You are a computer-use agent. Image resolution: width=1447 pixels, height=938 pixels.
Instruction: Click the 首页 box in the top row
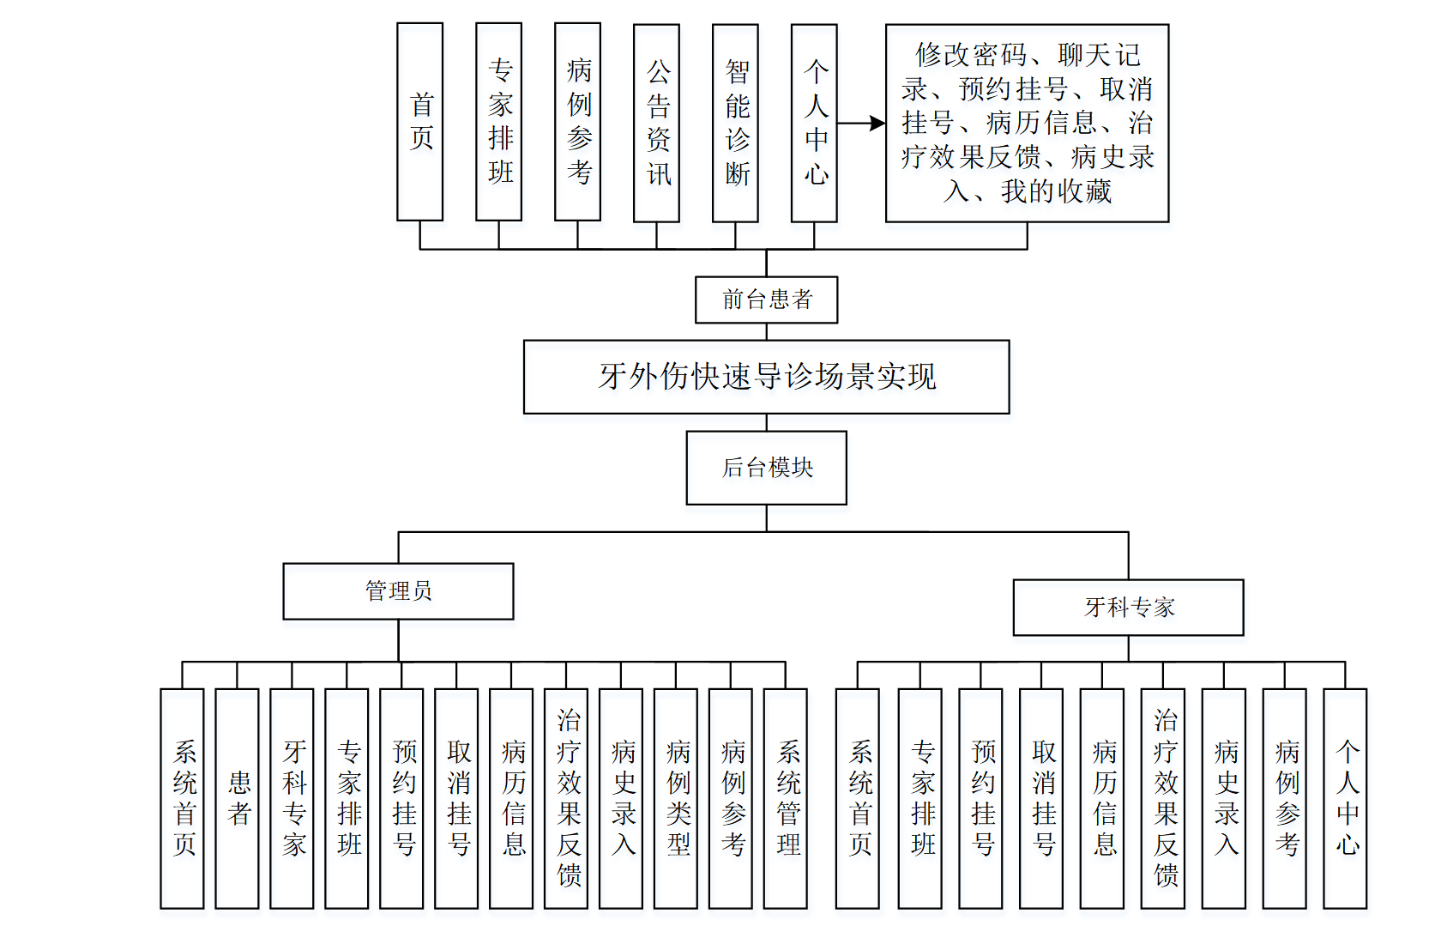pyautogui.click(x=420, y=122)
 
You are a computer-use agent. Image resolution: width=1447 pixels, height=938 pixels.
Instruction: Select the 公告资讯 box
pyautogui.click(x=656, y=122)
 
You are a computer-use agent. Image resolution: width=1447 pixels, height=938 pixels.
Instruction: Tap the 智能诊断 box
pyautogui.click(x=735, y=122)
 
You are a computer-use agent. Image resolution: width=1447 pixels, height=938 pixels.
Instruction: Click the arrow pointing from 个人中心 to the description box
pyautogui.click(x=861, y=124)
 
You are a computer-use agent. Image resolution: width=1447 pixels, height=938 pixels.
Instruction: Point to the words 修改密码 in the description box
pyautogui.click(x=971, y=56)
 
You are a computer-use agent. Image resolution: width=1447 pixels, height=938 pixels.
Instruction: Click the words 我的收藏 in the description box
pyautogui.click(x=1056, y=191)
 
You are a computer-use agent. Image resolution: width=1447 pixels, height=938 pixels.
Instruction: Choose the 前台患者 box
pyautogui.click(x=766, y=300)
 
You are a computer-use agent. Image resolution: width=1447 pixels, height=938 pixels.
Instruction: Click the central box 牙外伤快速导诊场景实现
pyautogui.click(x=766, y=377)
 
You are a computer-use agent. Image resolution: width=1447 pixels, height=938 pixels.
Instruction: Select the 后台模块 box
pyautogui.click(x=766, y=468)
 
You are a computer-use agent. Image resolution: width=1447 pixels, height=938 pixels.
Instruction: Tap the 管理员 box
pyautogui.click(x=398, y=591)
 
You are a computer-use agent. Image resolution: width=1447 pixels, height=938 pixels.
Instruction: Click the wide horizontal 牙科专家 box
pyautogui.click(x=1128, y=608)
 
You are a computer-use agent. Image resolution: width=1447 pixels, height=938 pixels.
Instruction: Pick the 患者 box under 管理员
pyautogui.click(x=238, y=798)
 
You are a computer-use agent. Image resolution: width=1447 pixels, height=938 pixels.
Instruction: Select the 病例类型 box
pyautogui.click(x=676, y=798)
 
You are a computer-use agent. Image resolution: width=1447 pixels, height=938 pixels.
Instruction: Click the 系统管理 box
pyautogui.click(x=786, y=798)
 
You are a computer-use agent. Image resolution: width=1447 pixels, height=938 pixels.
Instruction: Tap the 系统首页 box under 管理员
pyautogui.click(x=183, y=798)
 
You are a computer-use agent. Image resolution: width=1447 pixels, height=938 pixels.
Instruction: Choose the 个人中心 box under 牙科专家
pyautogui.click(x=1345, y=798)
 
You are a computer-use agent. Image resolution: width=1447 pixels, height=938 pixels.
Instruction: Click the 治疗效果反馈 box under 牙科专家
pyautogui.click(x=1163, y=798)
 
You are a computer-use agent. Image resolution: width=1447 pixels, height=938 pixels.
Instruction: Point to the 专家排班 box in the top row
pyautogui.click(x=499, y=122)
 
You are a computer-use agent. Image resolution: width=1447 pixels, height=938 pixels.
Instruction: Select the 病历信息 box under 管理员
pyautogui.click(x=511, y=798)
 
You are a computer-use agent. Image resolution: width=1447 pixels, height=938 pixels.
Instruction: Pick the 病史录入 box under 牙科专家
pyautogui.click(x=1224, y=798)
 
